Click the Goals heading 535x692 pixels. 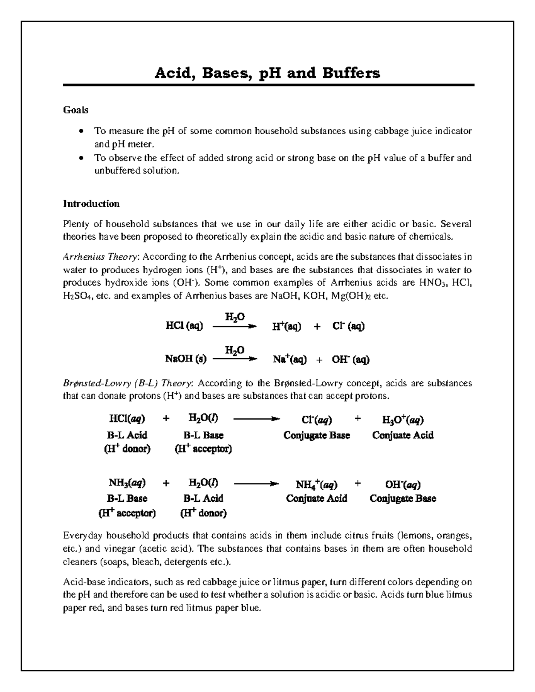75,110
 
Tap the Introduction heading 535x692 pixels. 91,204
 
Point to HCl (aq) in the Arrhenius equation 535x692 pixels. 184,327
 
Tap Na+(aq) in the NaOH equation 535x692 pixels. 289,360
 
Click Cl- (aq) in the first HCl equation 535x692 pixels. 348,327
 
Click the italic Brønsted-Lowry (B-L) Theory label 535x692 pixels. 128,383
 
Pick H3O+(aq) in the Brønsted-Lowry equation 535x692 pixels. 403,420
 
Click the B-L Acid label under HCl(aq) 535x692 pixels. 127,435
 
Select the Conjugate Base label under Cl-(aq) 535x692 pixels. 317,435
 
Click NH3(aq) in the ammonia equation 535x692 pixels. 127,483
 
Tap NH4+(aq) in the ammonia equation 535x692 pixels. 317,484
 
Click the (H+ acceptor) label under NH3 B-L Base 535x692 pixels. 127,513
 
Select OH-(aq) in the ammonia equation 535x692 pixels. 403,484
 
